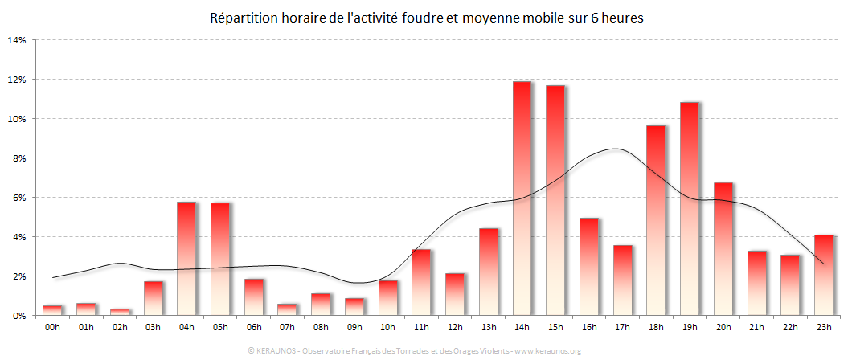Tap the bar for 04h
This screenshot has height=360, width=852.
[x=186, y=258]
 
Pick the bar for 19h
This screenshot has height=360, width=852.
[x=690, y=208]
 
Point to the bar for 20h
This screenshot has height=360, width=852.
[x=723, y=248]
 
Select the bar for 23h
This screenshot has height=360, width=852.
[x=824, y=274]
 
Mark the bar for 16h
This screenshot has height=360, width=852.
[x=589, y=266]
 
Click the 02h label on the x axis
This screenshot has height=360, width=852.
[x=120, y=327]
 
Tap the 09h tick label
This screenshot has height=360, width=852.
[x=354, y=327]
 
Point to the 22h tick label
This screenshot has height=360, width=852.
[x=790, y=327]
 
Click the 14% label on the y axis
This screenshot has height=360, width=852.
[x=18, y=39]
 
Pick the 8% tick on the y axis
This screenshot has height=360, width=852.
[x=20, y=158]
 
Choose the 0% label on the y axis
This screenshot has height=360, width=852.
[x=20, y=316]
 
